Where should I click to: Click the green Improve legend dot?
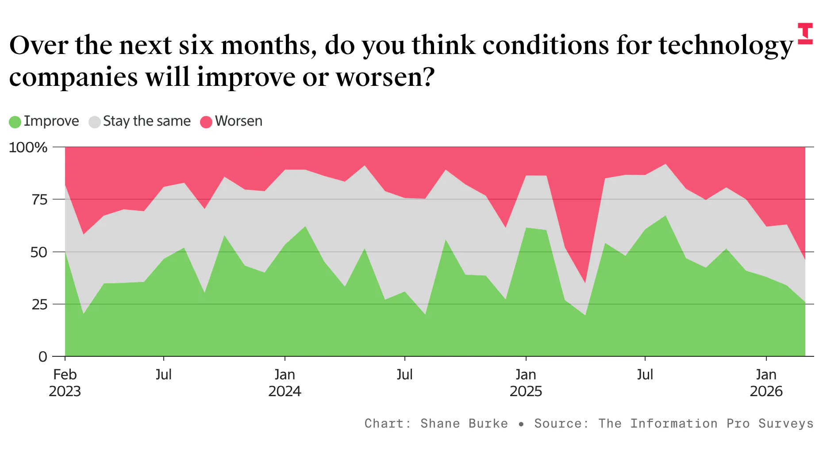coord(15,122)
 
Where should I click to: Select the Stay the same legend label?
coord(146,121)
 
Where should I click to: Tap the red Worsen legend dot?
coord(206,122)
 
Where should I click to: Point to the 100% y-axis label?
coord(28,147)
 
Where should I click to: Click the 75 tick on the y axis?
coord(39,200)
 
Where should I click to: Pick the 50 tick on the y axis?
coord(39,252)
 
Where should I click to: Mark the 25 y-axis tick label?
coord(39,305)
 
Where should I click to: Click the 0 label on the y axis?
coord(43,357)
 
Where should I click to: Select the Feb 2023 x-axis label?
coord(65,383)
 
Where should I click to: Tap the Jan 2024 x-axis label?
coord(285,383)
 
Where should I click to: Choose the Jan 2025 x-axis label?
coord(526,383)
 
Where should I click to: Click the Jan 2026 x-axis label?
coord(766,383)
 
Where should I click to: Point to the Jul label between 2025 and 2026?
coord(645,375)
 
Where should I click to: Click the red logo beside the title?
coord(805,34)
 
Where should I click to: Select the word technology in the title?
coord(726,46)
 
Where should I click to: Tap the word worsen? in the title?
coord(385,77)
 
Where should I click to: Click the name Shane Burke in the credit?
coord(464,424)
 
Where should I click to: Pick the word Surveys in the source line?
coord(786,424)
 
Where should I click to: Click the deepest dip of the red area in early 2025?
coord(585,282)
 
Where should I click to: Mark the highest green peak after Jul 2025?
coord(665,216)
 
